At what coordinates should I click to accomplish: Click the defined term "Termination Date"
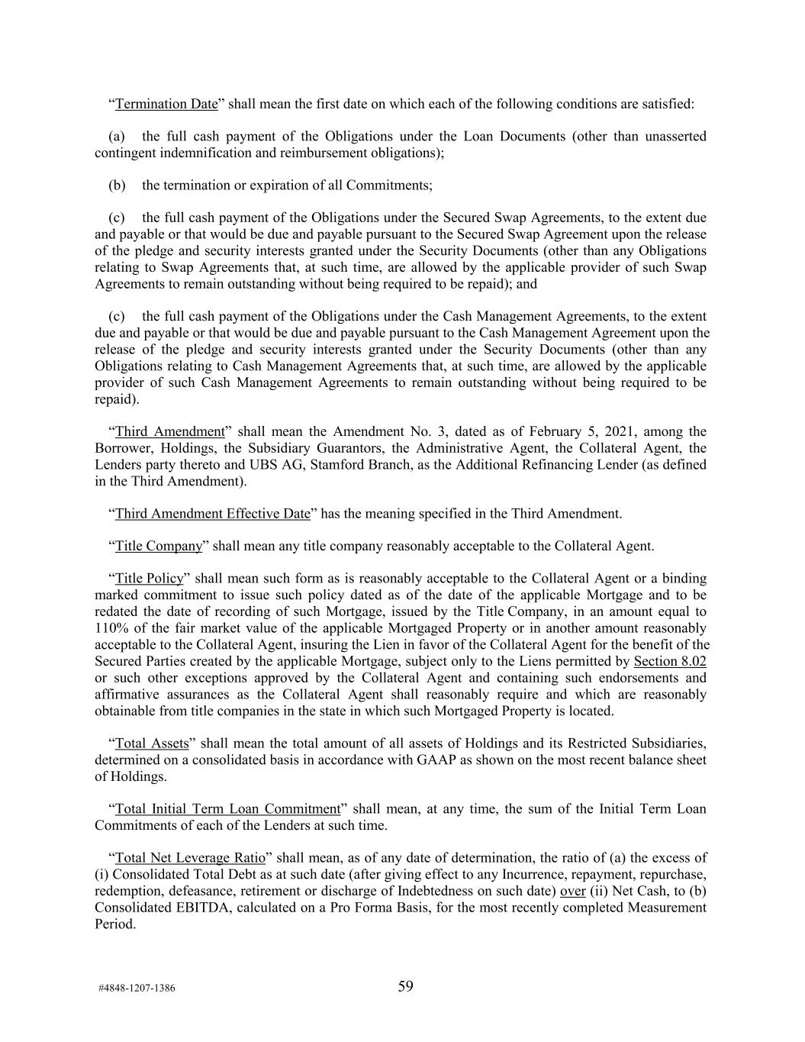166,104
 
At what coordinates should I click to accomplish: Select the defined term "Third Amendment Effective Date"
212,514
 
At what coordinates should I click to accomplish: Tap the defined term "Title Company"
159,547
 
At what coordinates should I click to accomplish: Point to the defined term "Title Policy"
150,579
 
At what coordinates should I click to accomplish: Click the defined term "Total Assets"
152,744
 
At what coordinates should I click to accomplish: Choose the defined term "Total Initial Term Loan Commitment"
227,809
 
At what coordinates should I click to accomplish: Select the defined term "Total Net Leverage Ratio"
190,858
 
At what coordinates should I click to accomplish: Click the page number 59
405,987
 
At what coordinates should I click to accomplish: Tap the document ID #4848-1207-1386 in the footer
137,989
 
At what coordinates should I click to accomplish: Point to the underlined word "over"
572,891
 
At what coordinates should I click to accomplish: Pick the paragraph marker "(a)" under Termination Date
117,137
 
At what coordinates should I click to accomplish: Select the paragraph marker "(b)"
117,185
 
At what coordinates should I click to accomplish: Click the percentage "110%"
111,628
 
